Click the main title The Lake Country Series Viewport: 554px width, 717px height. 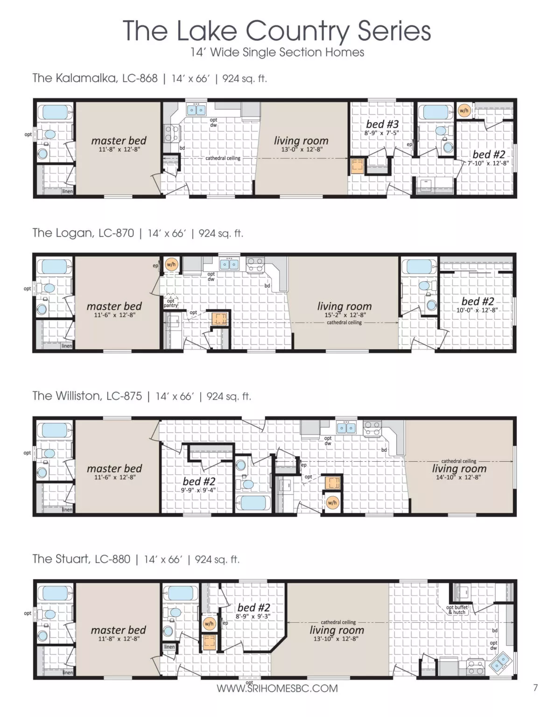coord(277,31)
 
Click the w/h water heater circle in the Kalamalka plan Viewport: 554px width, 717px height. coord(463,111)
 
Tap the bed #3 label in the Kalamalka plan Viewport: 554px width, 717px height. coord(382,124)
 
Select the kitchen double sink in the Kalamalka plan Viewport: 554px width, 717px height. coord(196,110)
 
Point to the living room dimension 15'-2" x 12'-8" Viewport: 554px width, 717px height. coord(345,315)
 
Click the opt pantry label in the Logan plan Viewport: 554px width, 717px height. coord(170,303)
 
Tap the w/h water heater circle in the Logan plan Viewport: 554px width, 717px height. coord(171,264)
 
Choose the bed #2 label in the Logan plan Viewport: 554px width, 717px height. coord(477,301)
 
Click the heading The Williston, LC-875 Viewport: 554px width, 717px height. coord(87,396)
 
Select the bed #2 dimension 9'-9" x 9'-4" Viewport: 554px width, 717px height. coord(198,490)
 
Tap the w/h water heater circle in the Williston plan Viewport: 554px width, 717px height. coord(332,503)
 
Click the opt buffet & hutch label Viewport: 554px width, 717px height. coord(457,610)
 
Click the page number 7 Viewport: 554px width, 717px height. coord(535,688)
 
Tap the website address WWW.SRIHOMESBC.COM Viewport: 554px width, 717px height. coord(277,689)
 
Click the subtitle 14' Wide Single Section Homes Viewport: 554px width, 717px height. coord(277,52)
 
